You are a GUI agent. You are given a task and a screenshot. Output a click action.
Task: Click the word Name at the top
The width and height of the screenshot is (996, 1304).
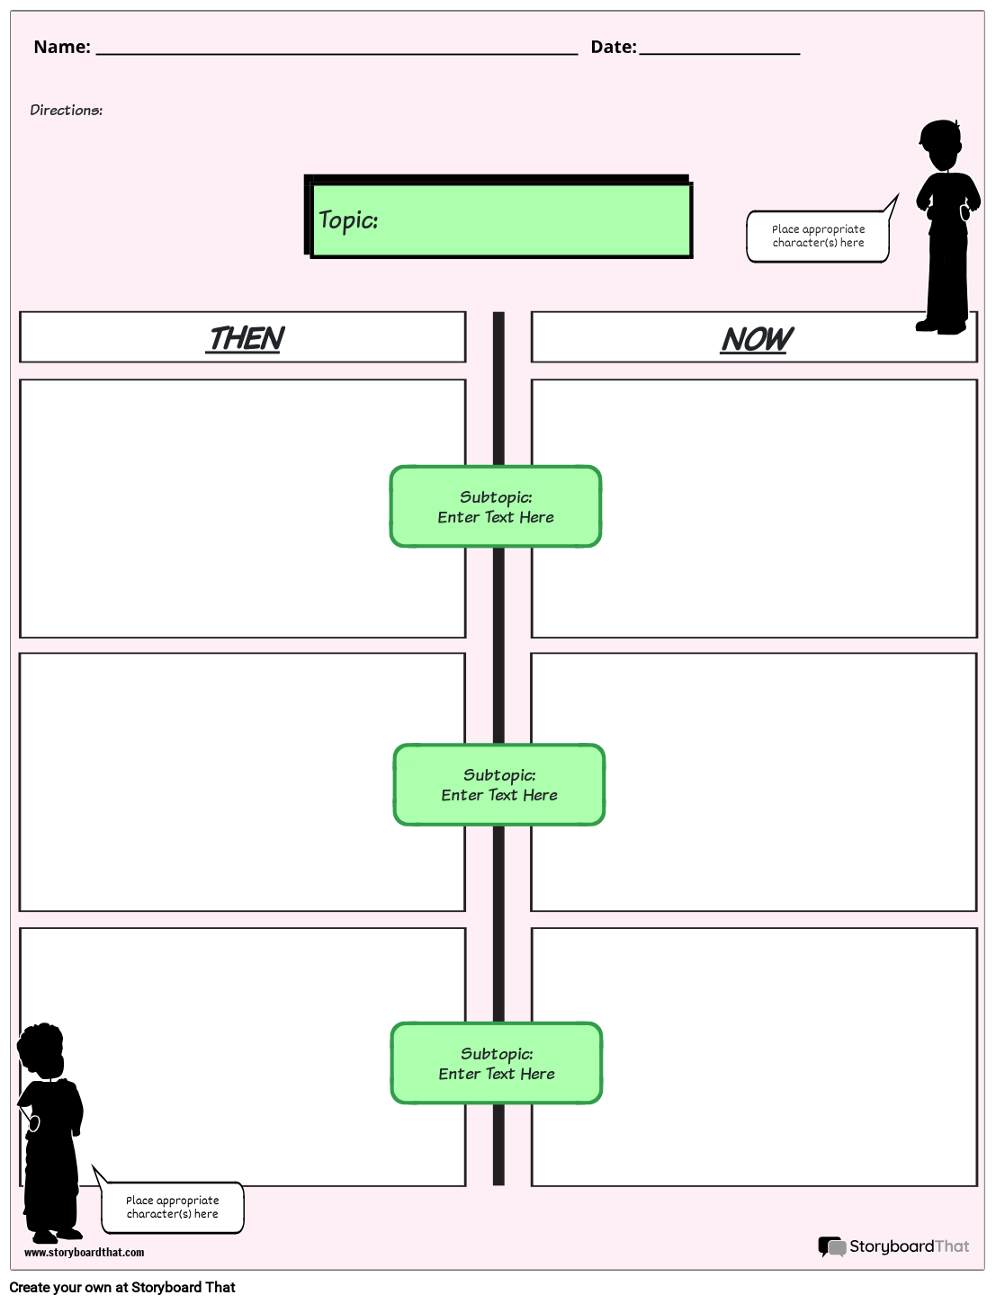pos(61,47)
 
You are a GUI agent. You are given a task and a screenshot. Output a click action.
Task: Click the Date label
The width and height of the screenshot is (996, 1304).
pos(613,47)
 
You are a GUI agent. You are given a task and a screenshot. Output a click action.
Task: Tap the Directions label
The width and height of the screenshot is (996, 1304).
pos(66,110)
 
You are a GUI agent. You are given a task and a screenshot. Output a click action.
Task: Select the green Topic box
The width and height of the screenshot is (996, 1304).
pos(500,220)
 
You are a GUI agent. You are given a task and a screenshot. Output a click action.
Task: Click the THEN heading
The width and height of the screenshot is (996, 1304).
pos(245,339)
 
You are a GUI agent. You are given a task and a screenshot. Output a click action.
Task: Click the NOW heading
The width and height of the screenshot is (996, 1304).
pos(756,340)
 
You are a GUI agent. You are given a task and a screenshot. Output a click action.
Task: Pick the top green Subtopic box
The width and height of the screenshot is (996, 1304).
pos(496,506)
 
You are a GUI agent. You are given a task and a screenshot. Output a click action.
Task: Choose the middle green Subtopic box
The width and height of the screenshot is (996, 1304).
pos(499,784)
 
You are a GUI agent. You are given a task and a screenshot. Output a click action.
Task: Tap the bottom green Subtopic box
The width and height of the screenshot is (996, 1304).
pos(497,1063)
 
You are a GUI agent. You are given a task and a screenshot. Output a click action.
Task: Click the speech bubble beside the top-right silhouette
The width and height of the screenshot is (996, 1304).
pos(818,237)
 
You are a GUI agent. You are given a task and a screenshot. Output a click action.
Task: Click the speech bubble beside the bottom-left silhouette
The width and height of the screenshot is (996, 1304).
pos(172,1207)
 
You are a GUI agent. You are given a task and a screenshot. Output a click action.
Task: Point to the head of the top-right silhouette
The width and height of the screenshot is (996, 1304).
pos(940,144)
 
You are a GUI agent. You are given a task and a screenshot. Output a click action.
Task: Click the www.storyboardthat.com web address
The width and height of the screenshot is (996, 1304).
pos(84,1252)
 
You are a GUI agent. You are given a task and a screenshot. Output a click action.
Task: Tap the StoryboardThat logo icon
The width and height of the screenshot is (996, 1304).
pos(831,1246)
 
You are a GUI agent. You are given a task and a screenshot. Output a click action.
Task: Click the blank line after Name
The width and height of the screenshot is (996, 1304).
pos(336,50)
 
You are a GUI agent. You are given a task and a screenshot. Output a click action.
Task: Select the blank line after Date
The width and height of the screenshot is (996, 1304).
pos(719,50)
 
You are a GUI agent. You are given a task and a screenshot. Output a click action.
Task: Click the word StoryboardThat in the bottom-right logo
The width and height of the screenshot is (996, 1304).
pos(909,1246)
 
